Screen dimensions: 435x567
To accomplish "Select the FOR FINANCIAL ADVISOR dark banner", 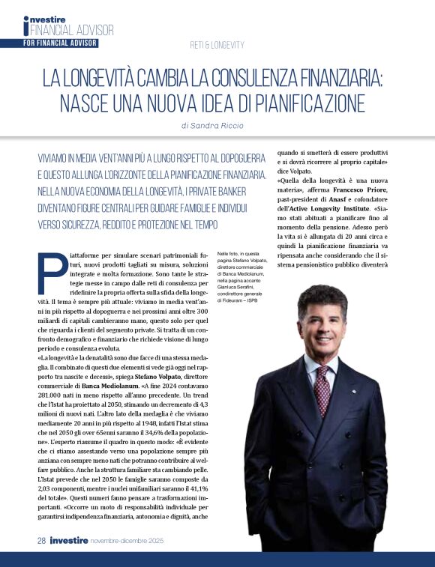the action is point(60,43).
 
